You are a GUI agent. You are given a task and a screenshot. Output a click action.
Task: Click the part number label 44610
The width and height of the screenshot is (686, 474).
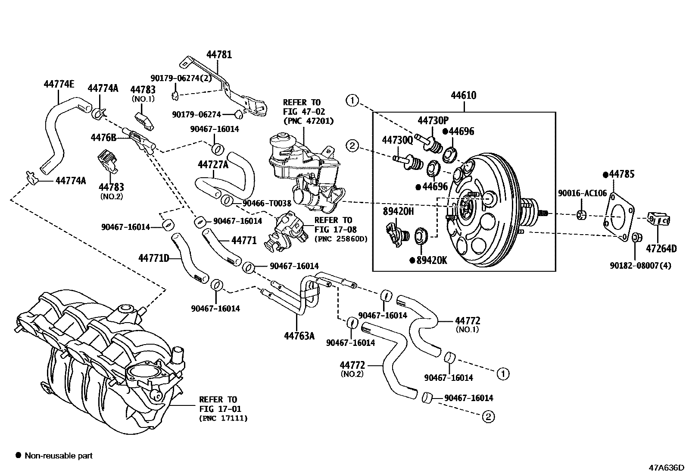tap(463, 95)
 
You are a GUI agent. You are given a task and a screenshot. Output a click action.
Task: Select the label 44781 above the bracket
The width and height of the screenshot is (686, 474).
tap(219, 55)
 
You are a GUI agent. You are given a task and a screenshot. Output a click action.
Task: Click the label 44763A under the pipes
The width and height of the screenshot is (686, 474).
tap(299, 335)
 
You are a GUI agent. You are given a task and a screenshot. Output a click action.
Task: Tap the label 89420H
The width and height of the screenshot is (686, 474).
tap(398, 211)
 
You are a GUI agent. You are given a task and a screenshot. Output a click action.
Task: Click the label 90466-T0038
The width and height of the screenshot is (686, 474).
tap(267, 203)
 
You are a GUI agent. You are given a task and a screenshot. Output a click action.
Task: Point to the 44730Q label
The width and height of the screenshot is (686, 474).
tap(397, 139)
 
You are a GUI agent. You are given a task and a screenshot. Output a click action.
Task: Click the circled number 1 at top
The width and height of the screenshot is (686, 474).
tap(352, 101)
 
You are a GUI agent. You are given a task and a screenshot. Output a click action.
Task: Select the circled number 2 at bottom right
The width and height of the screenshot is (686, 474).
tap(488, 417)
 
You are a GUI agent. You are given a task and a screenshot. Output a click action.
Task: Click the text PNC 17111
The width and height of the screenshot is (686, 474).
tap(223, 418)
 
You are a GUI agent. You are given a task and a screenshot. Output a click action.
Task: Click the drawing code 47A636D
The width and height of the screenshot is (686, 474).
tap(666, 468)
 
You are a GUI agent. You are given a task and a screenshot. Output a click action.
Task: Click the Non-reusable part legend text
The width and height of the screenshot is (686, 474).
tap(58, 455)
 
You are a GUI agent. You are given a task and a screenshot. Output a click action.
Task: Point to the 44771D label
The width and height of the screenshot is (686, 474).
tap(153, 258)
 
